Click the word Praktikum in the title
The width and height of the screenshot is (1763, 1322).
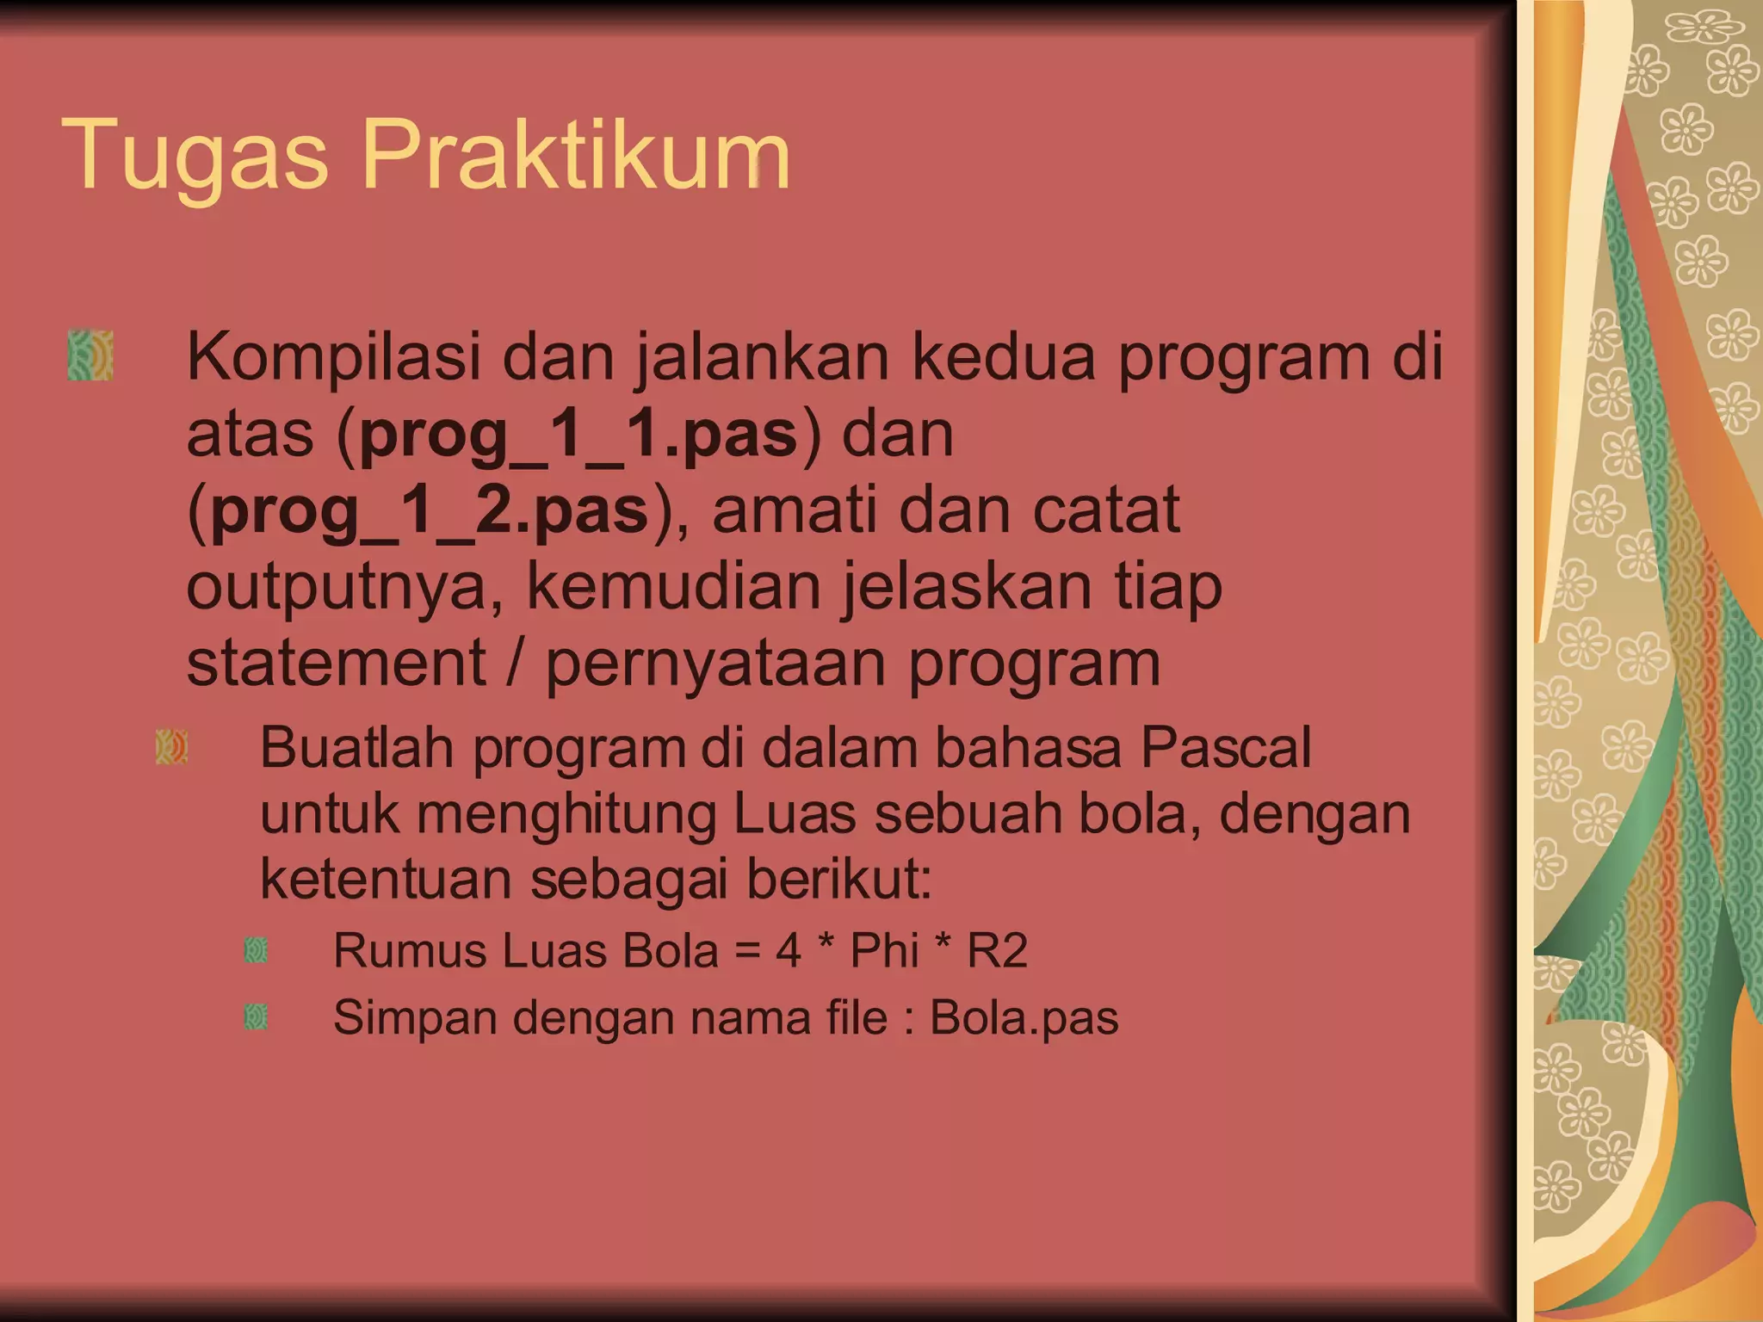coord(576,155)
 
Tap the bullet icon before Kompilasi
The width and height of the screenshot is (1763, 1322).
coord(90,355)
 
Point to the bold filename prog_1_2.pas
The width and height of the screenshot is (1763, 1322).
coord(429,510)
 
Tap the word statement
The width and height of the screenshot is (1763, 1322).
coord(337,663)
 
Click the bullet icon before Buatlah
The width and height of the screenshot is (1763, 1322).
coord(171,747)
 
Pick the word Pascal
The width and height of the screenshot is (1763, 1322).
coord(1226,747)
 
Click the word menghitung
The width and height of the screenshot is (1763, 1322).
coord(566,813)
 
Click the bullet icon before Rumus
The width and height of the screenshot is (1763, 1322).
coord(257,950)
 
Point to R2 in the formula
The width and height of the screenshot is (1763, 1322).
coord(998,951)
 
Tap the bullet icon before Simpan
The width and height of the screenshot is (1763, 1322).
coord(257,1017)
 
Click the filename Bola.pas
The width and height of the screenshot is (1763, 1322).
coord(1024,1018)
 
